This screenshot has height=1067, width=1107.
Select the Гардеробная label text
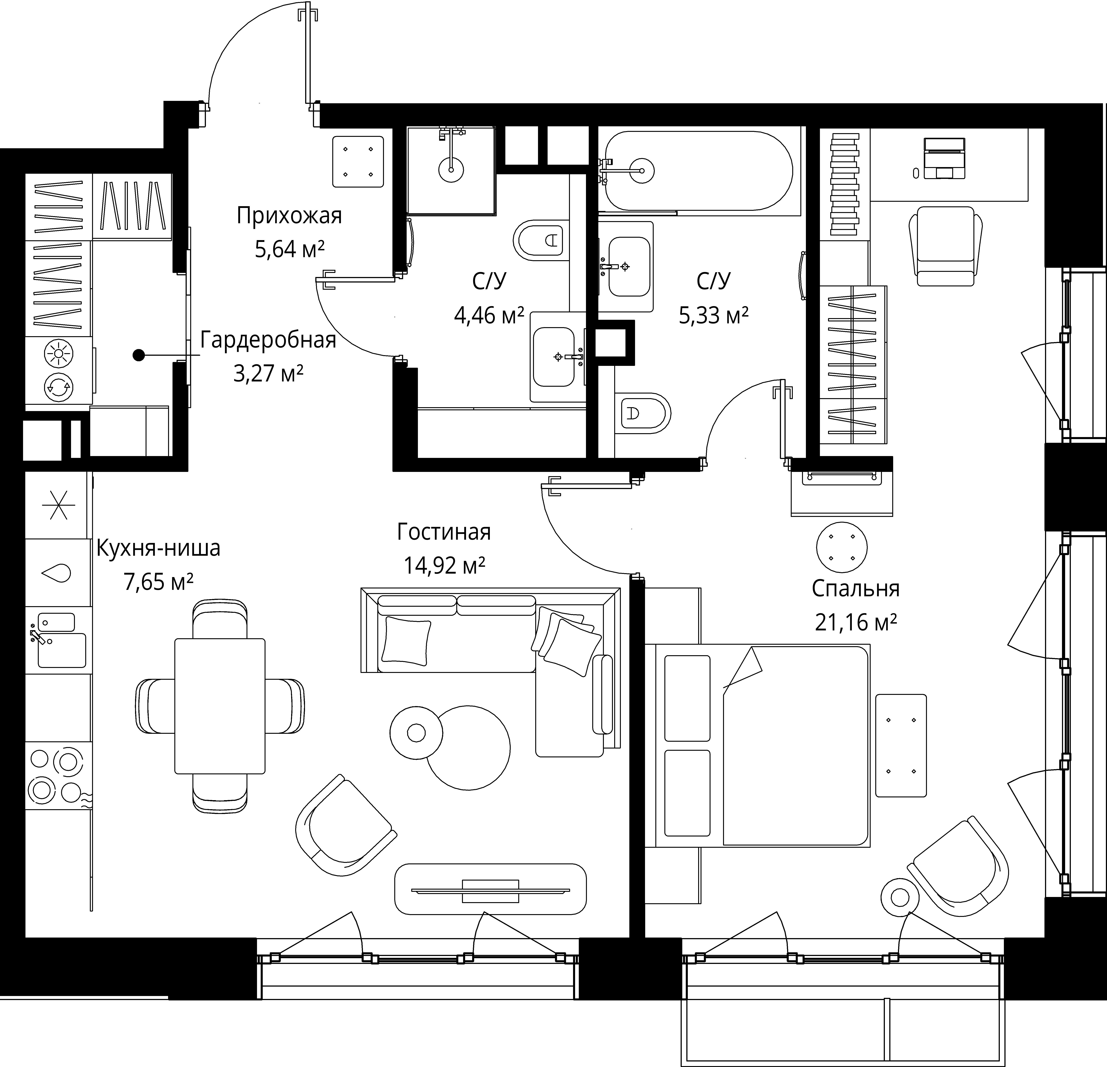[268, 340]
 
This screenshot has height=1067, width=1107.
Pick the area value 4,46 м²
[489, 315]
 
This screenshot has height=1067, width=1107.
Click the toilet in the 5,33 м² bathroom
[642, 413]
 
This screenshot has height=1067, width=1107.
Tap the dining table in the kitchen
[220, 706]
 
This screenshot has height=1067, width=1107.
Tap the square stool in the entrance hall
[358, 161]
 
